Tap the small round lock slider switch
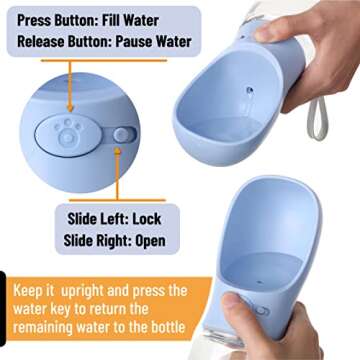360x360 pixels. click(120, 134)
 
